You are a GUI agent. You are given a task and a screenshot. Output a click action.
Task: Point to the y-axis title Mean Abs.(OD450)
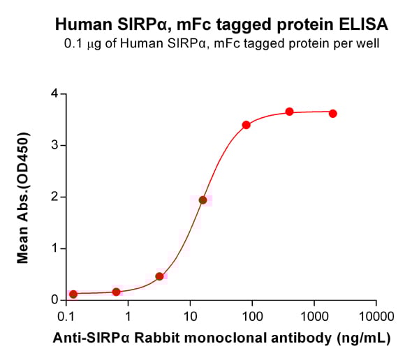23,196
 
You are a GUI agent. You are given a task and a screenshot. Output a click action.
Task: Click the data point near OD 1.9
203,200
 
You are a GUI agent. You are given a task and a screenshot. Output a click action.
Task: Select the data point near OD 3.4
247,125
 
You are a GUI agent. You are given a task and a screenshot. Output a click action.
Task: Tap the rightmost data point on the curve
332,113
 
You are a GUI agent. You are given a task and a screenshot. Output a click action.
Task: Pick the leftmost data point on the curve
73,294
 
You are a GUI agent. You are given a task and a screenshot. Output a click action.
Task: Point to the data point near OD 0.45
159,276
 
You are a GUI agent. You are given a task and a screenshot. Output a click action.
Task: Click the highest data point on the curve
289,112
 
